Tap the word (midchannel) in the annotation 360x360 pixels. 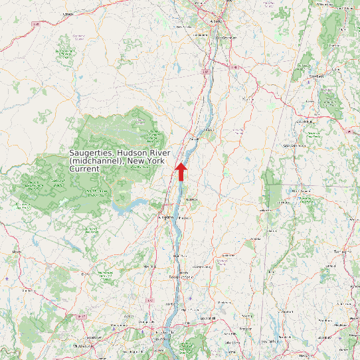pos(97,161)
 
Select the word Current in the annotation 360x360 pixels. pos(84,169)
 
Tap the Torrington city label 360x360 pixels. pos(342,252)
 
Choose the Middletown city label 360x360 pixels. pos(83,346)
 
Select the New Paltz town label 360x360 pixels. pos(149,266)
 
